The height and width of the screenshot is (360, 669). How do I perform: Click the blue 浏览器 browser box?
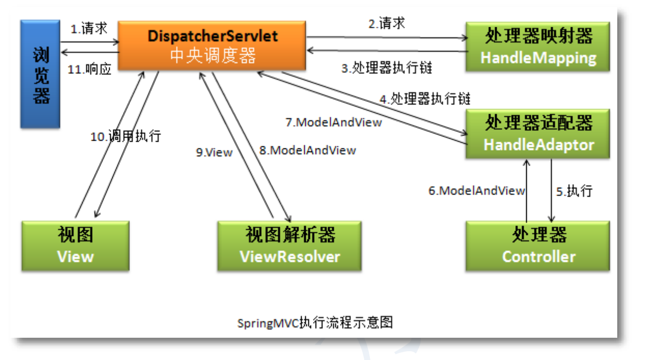click(x=40, y=74)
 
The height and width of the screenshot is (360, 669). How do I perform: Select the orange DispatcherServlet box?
click(x=212, y=46)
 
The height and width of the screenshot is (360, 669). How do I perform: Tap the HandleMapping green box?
click(x=538, y=47)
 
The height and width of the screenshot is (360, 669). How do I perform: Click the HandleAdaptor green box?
click(x=538, y=134)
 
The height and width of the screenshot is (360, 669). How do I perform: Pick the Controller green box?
click(x=538, y=246)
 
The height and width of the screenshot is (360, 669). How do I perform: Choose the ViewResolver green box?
click(x=290, y=246)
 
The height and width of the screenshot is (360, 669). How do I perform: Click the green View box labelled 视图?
click(x=76, y=246)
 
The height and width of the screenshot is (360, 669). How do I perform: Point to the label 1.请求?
click(x=88, y=28)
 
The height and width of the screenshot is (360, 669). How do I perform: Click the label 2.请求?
click(x=387, y=23)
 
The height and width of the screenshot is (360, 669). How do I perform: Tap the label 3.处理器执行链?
click(x=387, y=68)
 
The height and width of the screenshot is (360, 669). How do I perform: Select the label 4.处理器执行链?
click(x=425, y=99)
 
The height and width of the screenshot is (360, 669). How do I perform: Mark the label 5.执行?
click(x=574, y=191)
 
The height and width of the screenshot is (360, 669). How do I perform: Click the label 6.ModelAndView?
click(x=477, y=191)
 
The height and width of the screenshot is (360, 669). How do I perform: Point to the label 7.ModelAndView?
click(x=334, y=123)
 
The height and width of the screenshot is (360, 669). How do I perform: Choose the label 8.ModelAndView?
click(x=308, y=151)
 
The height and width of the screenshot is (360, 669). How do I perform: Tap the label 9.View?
click(x=214, y=153)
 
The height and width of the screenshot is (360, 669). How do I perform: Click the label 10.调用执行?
click(x=126, y=137)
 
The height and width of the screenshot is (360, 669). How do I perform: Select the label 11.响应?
click(x=90, y=69)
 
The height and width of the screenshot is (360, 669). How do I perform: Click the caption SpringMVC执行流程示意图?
click(x=315, y=323)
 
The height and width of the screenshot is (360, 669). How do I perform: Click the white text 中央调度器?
click(x=213, y=56)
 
